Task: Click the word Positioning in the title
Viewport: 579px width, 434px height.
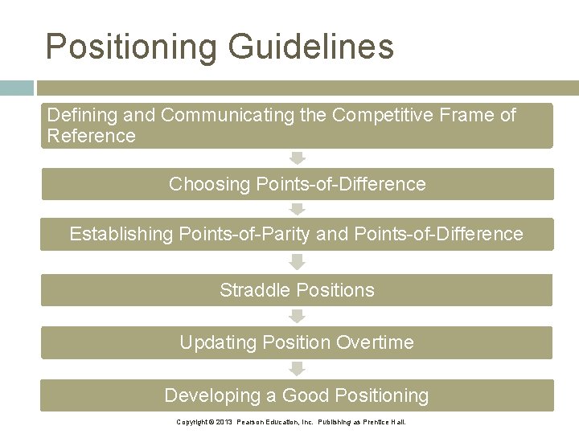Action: pos(131,47)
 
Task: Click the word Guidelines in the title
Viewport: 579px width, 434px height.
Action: pos(311,47)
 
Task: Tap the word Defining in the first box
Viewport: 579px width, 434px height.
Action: pos(79,116)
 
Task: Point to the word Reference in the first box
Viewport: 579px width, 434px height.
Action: pos(92,136)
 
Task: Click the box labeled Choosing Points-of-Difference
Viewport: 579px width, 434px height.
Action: pos(297,184)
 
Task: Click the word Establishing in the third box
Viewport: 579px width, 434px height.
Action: pos(121,234)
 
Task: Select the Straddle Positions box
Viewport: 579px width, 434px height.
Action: pos(297,290)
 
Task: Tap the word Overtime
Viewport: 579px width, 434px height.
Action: pos(375,342)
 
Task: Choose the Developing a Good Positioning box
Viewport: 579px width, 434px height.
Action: pos(297,395)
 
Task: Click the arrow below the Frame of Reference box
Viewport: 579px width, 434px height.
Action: pos(298,158)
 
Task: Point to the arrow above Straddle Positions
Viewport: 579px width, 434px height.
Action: pos(298,262)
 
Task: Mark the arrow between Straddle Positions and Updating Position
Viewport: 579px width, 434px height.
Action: pos(298,316)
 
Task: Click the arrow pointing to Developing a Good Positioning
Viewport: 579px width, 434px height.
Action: pos(298,369)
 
